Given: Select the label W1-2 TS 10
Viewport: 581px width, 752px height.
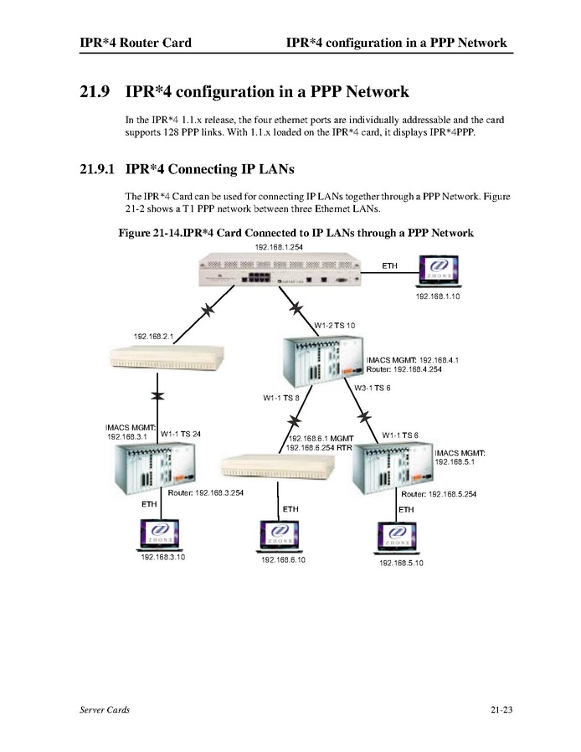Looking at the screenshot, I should pos(334,324).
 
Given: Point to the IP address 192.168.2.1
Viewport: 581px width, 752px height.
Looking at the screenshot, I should pos(153,337).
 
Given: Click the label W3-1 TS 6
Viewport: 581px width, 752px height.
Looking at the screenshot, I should pos(372,388).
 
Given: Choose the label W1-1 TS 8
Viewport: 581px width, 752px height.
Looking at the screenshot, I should pos(280,398).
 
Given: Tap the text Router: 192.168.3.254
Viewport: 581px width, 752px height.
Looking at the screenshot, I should pos(206,493).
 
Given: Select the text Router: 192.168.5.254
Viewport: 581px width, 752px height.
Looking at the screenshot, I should pos(439,494).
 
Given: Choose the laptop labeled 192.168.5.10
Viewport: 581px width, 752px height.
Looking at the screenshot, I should pos(400,539).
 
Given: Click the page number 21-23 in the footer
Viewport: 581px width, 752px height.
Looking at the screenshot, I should pos(501,710).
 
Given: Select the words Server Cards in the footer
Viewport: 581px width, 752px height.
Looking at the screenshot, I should pos(99,710).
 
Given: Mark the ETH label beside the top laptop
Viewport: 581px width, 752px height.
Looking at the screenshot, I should pos(389,265).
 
